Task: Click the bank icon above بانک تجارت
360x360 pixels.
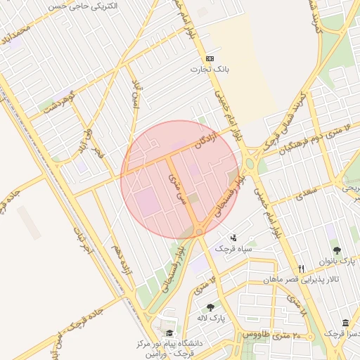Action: tap(209, 59)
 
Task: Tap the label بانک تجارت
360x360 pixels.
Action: tap(209, 70)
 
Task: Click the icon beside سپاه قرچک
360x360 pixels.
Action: tap(233, 238)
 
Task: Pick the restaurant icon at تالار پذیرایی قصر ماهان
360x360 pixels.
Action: tap(302, 269)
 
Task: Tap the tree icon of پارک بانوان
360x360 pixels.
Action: tap(337, 250)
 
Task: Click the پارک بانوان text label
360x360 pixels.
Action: tap(336, 262)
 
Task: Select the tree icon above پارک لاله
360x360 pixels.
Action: tap(210, 307)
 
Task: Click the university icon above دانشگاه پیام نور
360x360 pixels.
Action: tap(169, 333)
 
